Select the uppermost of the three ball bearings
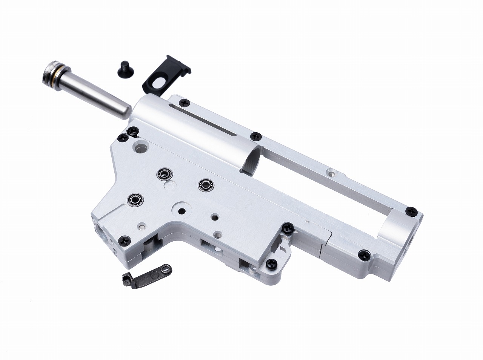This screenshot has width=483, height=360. click(164, 174)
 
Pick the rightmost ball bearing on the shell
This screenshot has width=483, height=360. click(206, 185)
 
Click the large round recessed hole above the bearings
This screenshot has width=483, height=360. click(140, 147)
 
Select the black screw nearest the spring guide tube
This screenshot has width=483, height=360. click(133, 131)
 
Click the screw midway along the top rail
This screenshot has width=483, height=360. click(256, 136)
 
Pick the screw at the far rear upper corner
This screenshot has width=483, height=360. click(412, 212)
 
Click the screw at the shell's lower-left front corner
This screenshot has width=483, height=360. click(125, 240)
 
